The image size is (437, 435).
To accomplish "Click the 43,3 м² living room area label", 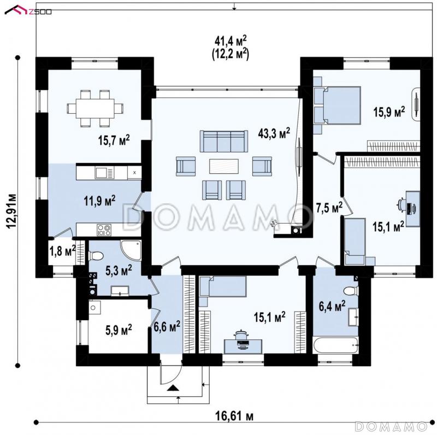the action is (x=274, y=133).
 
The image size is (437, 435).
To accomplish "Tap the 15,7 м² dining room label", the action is (x=114, y=140).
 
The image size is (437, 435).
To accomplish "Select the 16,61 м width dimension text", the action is (x=234, y=417).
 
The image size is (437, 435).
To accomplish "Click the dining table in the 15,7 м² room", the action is (x=95, y=108).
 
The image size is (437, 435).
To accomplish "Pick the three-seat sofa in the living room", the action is (x=224, y=141).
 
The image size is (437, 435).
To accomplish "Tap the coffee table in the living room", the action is (x=224, y=166).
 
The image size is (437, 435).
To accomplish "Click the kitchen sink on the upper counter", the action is (x=104, y=173).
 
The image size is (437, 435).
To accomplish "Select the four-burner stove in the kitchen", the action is (x=104, y=230).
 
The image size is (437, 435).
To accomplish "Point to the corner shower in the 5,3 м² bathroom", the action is (x=131, y=250).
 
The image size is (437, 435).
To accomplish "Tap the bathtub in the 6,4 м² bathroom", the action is (x=335, y=345).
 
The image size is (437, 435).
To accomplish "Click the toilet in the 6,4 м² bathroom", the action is (x=351, y=291).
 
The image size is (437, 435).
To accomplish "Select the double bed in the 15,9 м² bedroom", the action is (x=337, y=105).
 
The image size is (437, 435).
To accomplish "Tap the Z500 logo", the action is (x=28, y=10).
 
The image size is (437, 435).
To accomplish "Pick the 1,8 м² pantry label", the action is (x=62, y=251).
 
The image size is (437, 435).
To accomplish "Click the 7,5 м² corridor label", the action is (x=329, y=208).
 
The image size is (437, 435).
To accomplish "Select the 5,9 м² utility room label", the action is (x=119, y=330).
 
